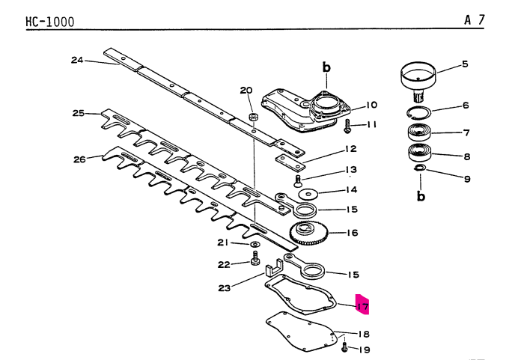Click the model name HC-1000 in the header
(49, 22)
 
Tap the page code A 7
(473, 20)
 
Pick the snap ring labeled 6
(420, 113)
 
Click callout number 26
(79, 158)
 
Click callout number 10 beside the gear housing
(371, 105)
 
